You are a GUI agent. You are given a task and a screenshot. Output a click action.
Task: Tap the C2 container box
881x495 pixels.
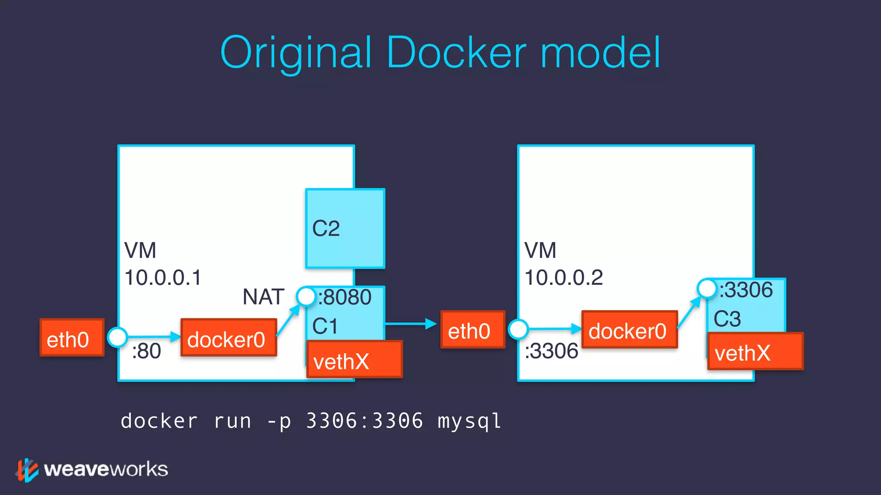345,228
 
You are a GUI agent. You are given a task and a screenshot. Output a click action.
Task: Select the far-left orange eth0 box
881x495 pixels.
72,338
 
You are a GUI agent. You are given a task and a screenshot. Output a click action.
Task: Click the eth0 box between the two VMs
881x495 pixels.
472,330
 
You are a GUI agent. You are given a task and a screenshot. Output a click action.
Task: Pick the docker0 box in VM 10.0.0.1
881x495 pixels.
228,338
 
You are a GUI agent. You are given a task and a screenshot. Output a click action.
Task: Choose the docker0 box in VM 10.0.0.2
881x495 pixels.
629,330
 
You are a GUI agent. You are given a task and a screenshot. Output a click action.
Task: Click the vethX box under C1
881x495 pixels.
354,360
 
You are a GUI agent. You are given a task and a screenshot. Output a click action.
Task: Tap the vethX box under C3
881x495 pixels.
755,351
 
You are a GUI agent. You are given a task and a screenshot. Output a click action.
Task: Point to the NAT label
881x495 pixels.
263,297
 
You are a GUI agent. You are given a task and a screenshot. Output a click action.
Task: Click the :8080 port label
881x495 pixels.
345,297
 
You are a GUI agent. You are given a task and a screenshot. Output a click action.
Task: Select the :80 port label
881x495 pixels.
146,351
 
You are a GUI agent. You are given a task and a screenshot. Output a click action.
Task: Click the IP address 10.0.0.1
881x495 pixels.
163,278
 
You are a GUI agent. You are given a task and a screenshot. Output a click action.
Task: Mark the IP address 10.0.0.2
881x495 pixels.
564,278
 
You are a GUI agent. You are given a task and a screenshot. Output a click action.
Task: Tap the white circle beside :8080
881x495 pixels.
306,296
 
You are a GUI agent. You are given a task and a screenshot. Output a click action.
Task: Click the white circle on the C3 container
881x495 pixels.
706,288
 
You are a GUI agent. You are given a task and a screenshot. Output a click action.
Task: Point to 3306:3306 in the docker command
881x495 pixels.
364,421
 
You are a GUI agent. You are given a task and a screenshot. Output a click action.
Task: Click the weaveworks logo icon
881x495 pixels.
27,470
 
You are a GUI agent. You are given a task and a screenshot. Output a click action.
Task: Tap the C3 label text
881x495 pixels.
727,319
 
